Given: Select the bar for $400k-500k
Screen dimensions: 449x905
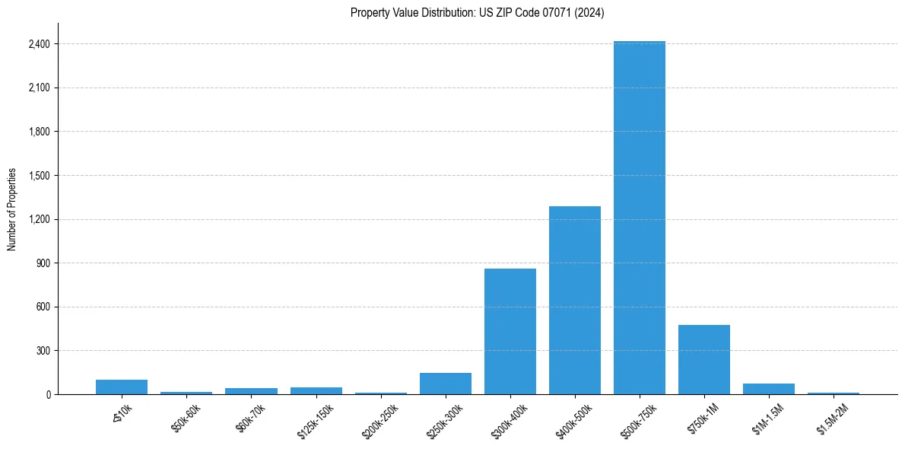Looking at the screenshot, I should (x=575, y=301).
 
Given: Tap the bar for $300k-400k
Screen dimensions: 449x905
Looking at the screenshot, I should (x=510, y=332).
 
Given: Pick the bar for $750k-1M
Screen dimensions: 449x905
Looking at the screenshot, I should (x=704, y=360).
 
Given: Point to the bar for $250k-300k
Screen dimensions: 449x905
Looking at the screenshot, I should (x=446, y=384).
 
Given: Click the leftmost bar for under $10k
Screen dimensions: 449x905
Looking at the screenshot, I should (x=122, y=387).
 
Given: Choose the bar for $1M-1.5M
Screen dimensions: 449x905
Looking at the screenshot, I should (x=769, y=389).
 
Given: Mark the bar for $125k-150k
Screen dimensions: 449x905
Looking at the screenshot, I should (x=316, y=390).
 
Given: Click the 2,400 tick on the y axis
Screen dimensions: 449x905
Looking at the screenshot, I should (x=38, y=44).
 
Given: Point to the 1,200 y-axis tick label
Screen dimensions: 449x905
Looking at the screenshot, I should (x=38, y=219).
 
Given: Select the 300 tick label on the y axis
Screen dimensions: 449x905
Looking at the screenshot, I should (x=43, y=351).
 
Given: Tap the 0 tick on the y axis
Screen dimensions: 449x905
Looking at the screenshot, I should (x=47, y=395).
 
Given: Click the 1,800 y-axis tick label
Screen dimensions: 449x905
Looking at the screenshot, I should (x=38, y=132).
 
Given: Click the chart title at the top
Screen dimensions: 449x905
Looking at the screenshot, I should (x=478, y=13).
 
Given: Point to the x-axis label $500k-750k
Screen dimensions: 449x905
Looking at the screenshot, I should (x=637, y=419).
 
